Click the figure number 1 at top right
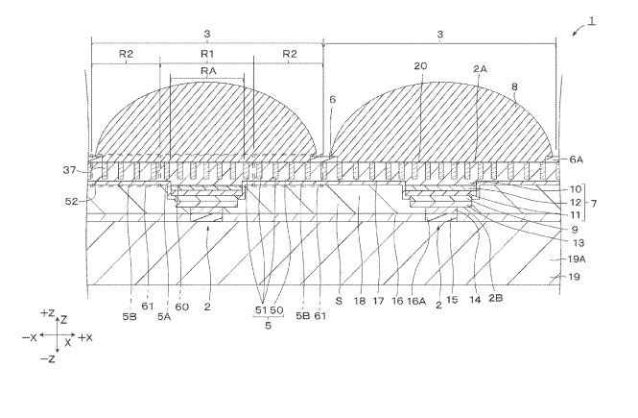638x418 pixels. [592, 20]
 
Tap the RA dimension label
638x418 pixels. [208, 71]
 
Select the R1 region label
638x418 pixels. [207, 54]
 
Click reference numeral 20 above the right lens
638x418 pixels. [421, 66]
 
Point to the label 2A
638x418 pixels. [480, 69]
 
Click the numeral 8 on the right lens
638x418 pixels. [514, 86]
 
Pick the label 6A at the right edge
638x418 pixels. [577, 160]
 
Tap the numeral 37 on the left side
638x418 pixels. [69, 170]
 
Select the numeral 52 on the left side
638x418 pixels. [71, 201]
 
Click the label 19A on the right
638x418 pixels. [577, 258]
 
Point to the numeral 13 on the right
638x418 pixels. [579, 243]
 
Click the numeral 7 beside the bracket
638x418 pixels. [594, 203]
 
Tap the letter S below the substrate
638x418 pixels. [339, 301]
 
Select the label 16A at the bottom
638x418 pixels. [416, 301]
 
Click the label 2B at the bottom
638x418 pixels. [496, 298]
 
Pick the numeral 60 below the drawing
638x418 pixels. [182, 307]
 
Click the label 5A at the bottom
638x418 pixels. [164, 316]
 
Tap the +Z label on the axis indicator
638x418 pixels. [47, 313]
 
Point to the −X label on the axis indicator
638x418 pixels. [30, 337]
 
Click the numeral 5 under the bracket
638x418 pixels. [268, 326]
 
